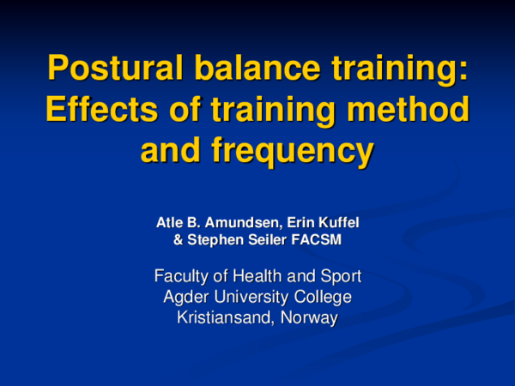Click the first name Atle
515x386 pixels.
(170, 223)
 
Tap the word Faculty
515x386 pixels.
(183, 276)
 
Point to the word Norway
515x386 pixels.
(310, 317)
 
